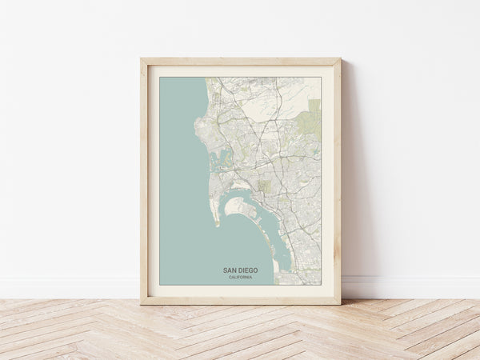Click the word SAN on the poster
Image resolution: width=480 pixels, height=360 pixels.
[x=230, y=270]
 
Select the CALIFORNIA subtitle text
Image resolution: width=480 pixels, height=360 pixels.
[x=240, y=278]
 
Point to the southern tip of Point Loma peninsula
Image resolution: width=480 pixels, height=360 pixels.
[x=217, y=223]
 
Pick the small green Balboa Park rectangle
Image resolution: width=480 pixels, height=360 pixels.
[x=264, y=186]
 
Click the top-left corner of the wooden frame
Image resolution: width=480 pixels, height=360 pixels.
[x=142, y=59]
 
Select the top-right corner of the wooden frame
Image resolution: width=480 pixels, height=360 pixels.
[x=339, y=59]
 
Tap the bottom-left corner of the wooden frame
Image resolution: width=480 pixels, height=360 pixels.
[x=142, y=303]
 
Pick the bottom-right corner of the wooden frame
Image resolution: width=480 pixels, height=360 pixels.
[x=339, y=303]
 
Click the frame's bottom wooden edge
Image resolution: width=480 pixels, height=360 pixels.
[x=240, y=301]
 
